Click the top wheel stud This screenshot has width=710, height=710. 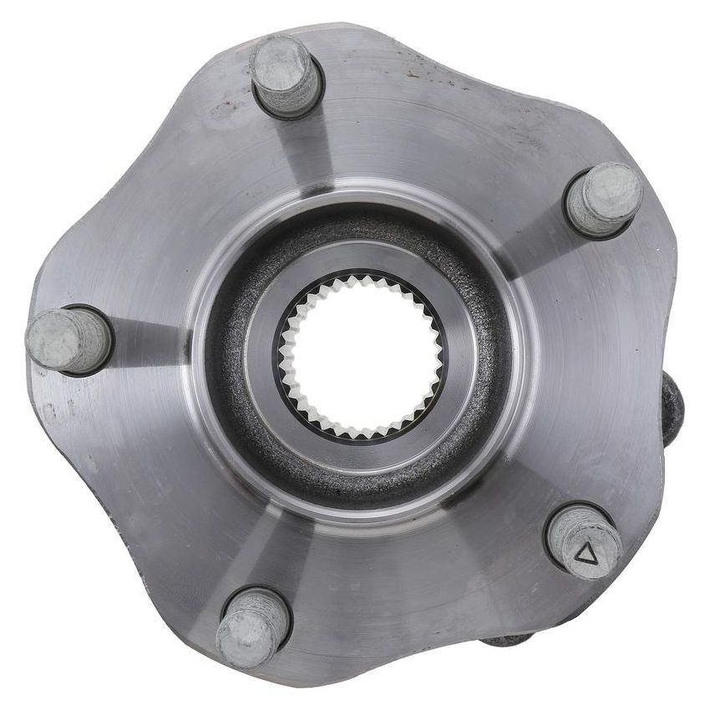(286, 74)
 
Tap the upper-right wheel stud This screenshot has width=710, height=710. (604, 199)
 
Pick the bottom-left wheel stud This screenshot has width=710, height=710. (253, 626)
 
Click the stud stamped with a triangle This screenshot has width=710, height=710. (584, 541)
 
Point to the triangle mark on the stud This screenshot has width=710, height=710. (589, 553)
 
